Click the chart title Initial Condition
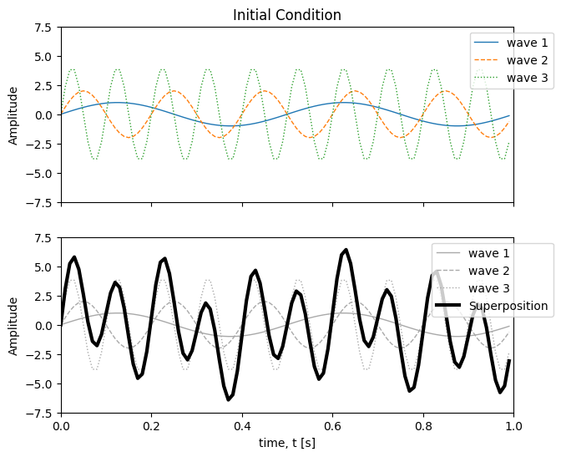(286, 15)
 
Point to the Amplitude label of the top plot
(13, 115)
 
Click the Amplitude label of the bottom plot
(13, 326)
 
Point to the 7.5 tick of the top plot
(42, 28)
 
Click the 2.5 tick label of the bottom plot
(42, 297)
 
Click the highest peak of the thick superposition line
(346, 250)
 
